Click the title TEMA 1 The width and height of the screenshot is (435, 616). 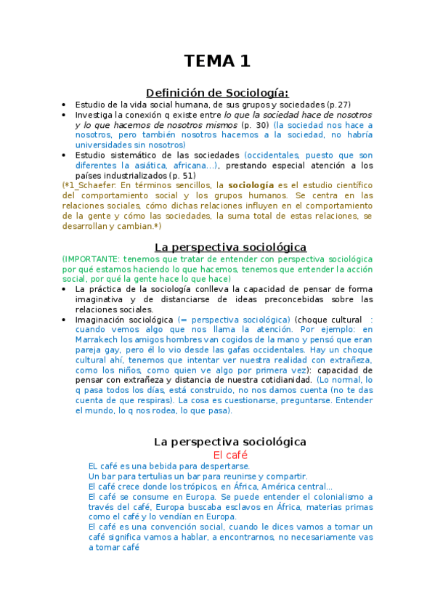[217, 62]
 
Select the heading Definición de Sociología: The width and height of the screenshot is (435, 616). [217, 92]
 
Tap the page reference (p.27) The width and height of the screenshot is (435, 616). [337, 105]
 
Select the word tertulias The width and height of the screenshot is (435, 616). [145, 477]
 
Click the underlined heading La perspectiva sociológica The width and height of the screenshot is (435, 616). [230, 247]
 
